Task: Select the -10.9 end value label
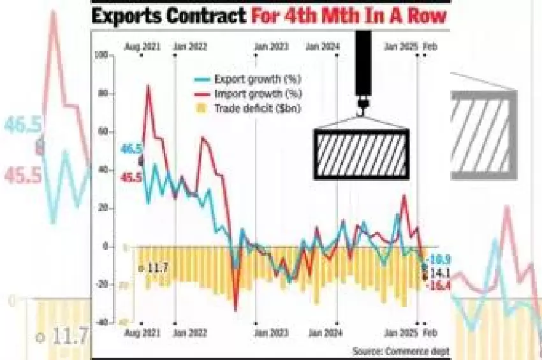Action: pyautogui.click(x=439, y=259)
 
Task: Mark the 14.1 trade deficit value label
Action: pyautogui.click(x=440, y=273)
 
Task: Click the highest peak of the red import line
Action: pyautogui.click(x=149, y=85)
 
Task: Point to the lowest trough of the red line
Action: pyautogui.click(x=236, y=310)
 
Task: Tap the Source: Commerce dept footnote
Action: pyautogui.click(x=400, y=350)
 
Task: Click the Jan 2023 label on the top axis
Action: pyautogui.click(x=270, y=46)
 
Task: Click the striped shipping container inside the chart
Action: pyautogui.click(x=361, y=154)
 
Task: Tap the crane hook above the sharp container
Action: pyautogui.click(x=362, y=104)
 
